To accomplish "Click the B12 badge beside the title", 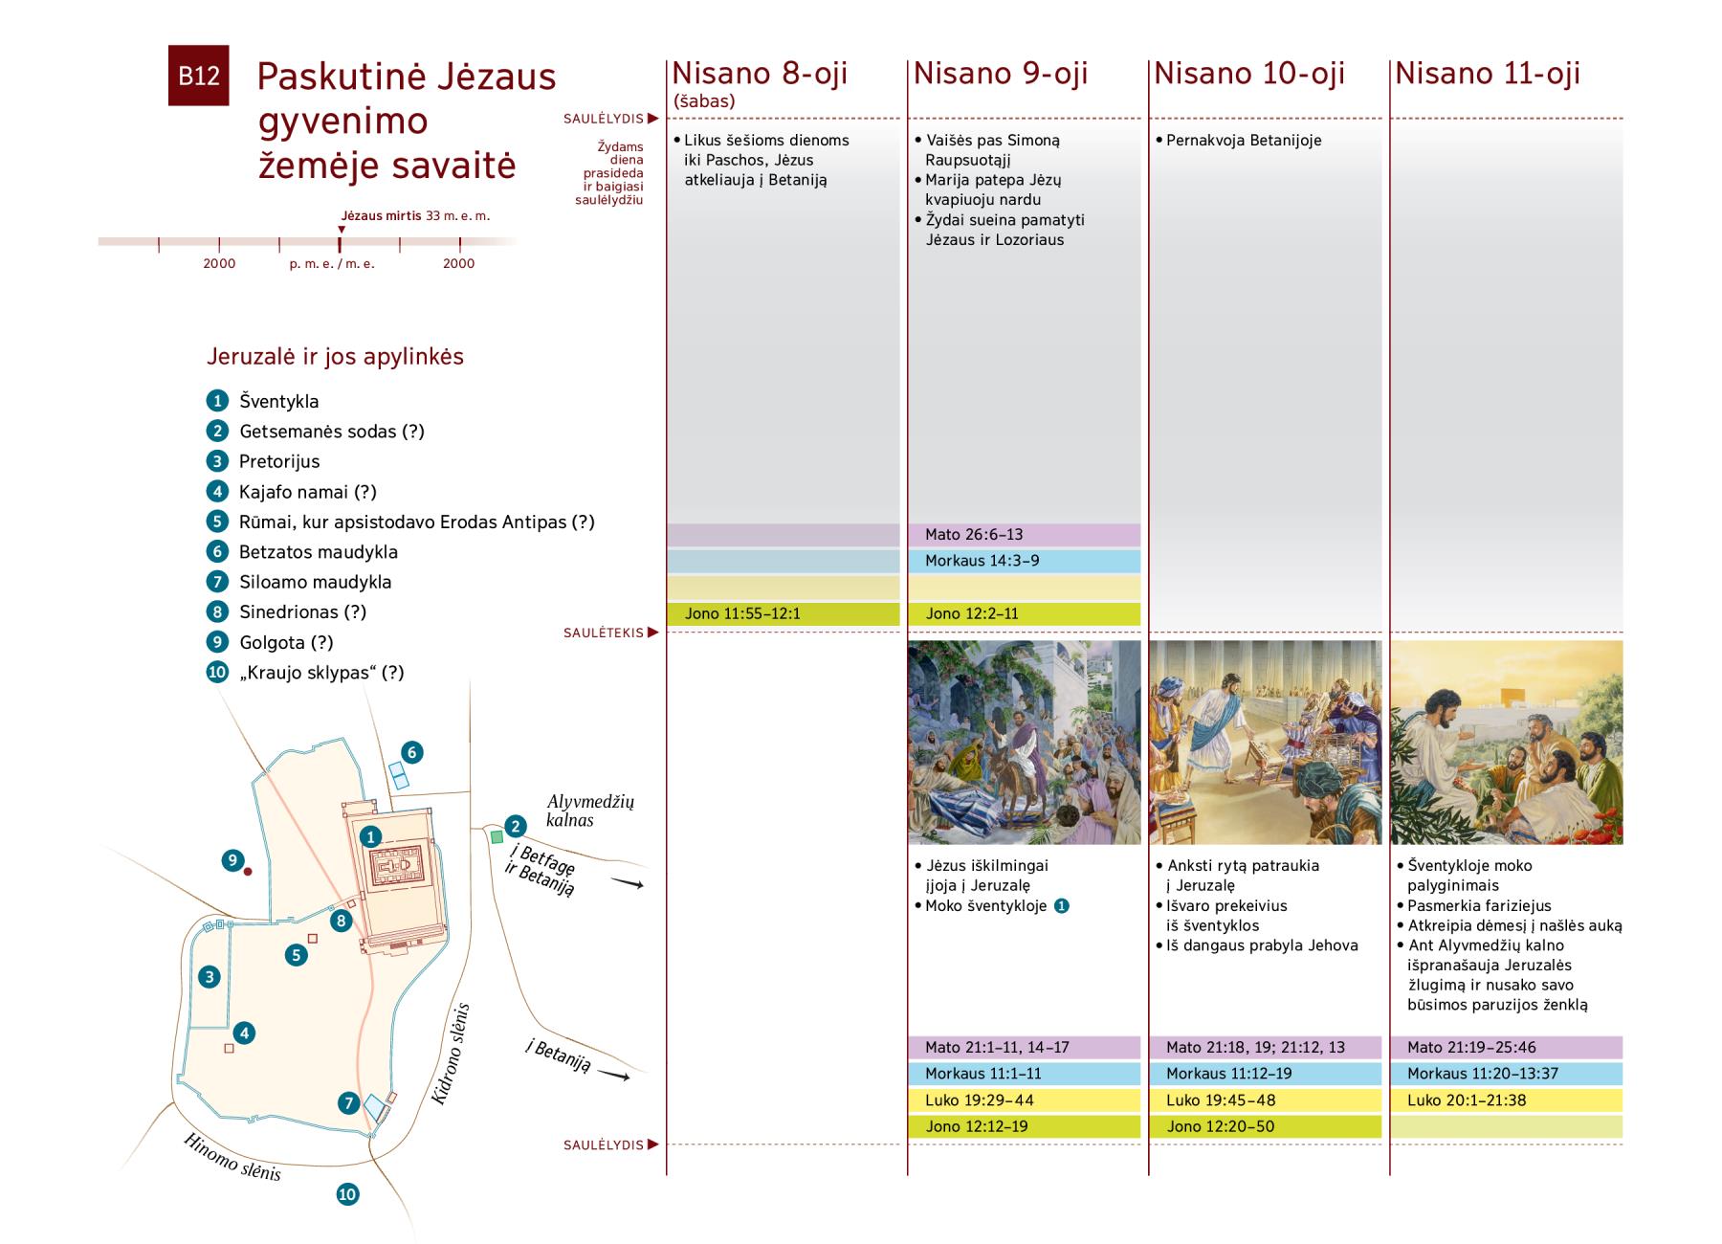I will [198, 76].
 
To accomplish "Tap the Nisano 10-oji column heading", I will [1249, 74].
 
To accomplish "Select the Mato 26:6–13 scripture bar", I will [1024, 535].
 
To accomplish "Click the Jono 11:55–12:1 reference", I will [783, 613].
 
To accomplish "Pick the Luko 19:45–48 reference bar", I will [1265, 1100].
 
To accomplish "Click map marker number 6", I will [411, 752].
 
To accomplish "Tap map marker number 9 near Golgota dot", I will [232, 860].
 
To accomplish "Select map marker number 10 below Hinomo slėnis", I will [347, 1194].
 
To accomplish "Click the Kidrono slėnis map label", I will [453, 1054].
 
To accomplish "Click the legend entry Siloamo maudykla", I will [315, 582].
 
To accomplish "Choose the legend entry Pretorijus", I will [279, 461].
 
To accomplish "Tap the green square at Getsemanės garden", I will [497, 837].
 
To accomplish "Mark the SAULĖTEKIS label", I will [603, 633].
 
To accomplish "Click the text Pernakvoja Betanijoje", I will [1244, 141].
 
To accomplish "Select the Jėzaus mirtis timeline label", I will [381, 216].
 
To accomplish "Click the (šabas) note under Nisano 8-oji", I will [704, 100].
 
